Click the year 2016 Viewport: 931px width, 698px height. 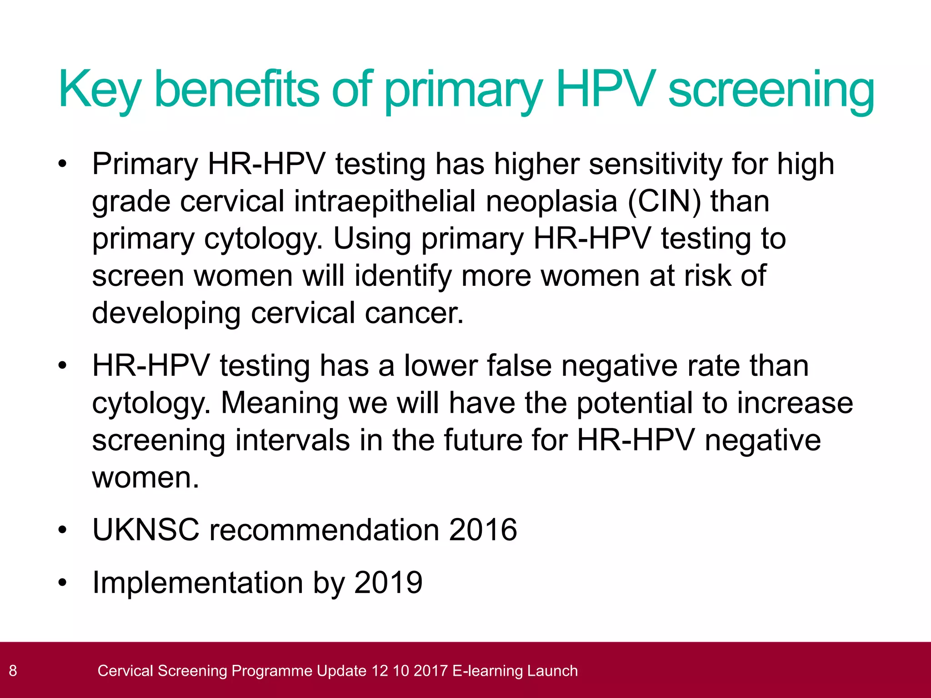(483, 530)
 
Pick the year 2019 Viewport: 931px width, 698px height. (388, 583)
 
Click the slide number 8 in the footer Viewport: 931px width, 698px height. (13, 671)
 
